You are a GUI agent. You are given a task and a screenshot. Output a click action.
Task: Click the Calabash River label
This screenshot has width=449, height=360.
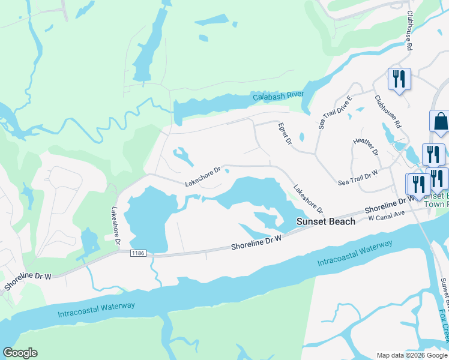[x=278, y=96]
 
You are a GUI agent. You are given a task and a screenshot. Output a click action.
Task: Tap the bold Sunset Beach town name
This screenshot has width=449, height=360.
[x=327, y=221]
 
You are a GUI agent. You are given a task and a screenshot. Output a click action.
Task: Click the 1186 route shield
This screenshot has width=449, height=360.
[x=138, y=255]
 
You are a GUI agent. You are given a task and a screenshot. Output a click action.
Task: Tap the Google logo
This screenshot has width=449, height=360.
[x=20, y=353]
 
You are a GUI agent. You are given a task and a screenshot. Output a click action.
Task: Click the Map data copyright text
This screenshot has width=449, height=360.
[x=412, y=355]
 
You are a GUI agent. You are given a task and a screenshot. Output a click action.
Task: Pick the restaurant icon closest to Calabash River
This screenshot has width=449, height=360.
[x=399, y=79]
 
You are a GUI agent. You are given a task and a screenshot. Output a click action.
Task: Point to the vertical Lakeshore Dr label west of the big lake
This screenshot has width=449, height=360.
[x=116, y=226]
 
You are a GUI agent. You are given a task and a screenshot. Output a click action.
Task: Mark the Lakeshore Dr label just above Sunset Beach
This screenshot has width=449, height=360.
[x=308, y=200]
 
